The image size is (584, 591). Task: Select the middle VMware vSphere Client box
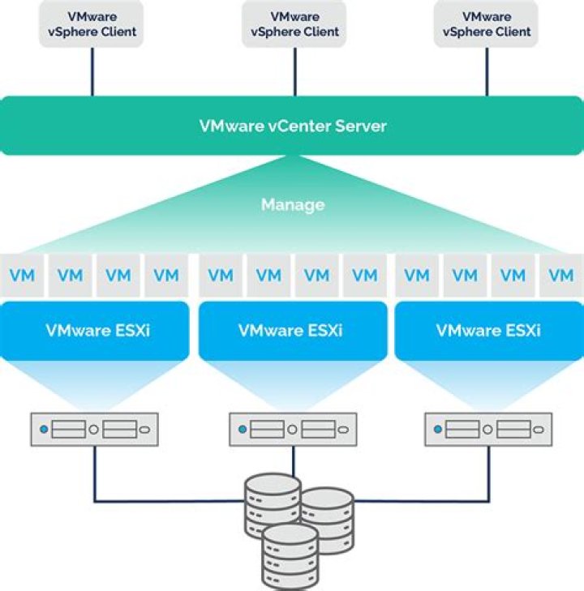pyautogui.click(x=293, y=24)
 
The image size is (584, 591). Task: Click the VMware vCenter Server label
pyautogui.click(x=292, y=126)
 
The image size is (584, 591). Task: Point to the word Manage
pyautogui.click(x=292, y=205)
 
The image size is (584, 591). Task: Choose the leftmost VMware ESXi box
pyautogui.click(x=94, y=331)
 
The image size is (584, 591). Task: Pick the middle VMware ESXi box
pyautogui.click(x=292, y=331)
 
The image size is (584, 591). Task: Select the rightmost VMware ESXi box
pyautogui.click(x=488, y=331)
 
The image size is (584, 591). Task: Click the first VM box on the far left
pyautogui.click(x=24, y=276)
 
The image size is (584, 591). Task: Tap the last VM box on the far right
pyautogui.click(x=560, y=276)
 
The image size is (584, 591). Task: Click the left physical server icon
pyautogui.click(x=94, y=429)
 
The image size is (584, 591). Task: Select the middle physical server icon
pyautogui.click(x=292, y=429)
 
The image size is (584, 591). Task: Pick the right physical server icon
pyautogui.click(x=488, y=429)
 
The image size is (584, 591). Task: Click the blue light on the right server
pyautogui.click(x=438, y=429)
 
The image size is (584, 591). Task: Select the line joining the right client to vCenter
pyautogui.click(x=487, y=71)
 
